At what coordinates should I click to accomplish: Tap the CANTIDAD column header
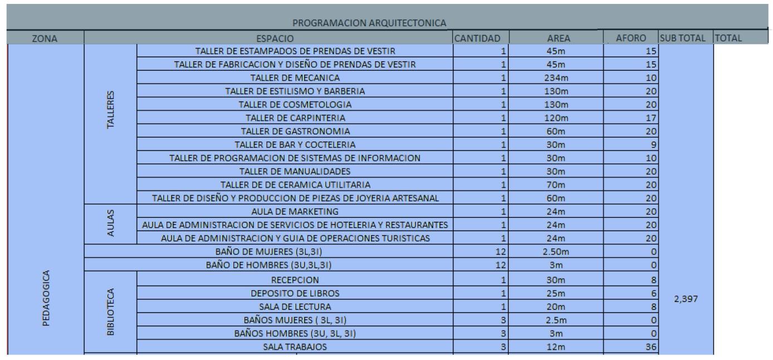pos(481,38)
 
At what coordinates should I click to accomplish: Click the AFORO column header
pos(630,38)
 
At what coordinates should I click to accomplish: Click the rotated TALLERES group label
pos(111,110)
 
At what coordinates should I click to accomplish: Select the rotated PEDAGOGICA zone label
pos(46,301)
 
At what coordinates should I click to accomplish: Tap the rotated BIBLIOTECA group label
pos(111,312)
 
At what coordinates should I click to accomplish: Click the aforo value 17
pos(652,118)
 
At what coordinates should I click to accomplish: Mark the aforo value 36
pos(652,347)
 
